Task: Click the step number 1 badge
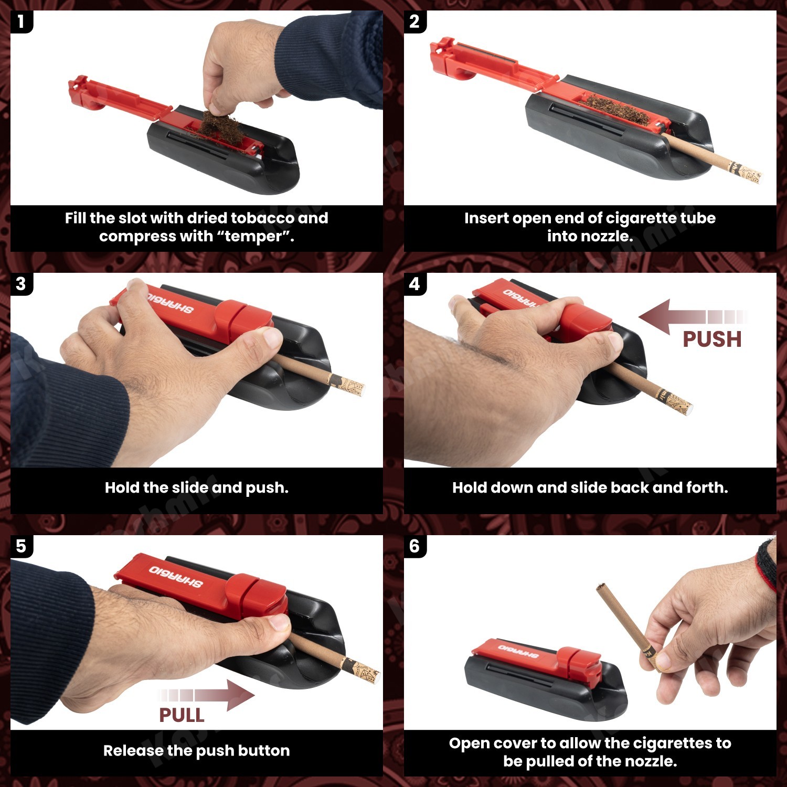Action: (x=21, y=22)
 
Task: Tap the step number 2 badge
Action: (x=414, y=22)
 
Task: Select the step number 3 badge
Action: (x=21, y=284)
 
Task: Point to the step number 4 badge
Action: (x=414, y=284)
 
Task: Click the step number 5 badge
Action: (x=21, y=546)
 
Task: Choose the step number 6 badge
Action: (x=414, y=546)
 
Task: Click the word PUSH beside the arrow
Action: (x=712, y=339)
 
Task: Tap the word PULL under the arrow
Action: (x=182, y=715)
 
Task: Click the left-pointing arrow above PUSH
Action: (x=693, y=317)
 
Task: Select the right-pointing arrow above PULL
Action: (x=207, y=695)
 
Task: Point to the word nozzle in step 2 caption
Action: (x=607, y=237)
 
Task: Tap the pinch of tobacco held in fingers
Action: (x=216, y=122)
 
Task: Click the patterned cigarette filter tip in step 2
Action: (x=745, y=172)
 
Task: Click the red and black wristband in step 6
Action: (x=768, y=563)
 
